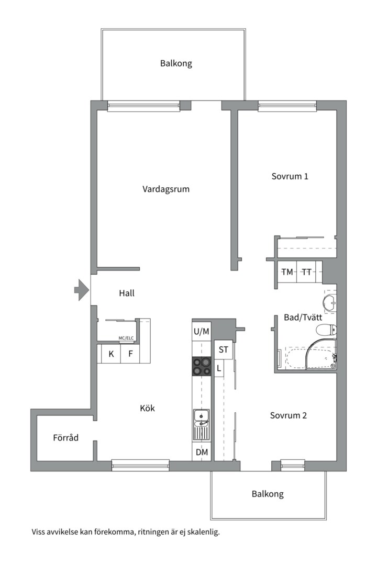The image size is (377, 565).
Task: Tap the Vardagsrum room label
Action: coord(166,189)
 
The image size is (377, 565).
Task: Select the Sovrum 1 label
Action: coord(290,176)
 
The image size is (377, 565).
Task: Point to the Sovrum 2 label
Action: coord(289,415)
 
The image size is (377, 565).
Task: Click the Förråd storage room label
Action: coord(65,437)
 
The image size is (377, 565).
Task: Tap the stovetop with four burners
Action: coord(202,366)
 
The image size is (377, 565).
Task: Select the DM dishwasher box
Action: coord(202,452)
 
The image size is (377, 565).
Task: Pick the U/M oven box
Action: coord(202,331)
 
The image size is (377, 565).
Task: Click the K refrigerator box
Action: coord(111,354)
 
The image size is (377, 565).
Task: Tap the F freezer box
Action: coord(130,354)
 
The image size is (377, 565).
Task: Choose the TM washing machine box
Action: coord(287,272)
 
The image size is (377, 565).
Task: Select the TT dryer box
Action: coord(306,272)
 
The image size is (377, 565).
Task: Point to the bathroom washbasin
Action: coord(329,301)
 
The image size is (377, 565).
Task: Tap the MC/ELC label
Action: coord(126,338)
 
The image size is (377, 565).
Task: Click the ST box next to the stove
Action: coord(223,349)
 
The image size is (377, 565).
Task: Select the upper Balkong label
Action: coord(176,63)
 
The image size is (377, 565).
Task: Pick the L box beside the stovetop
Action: coord(219,368)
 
